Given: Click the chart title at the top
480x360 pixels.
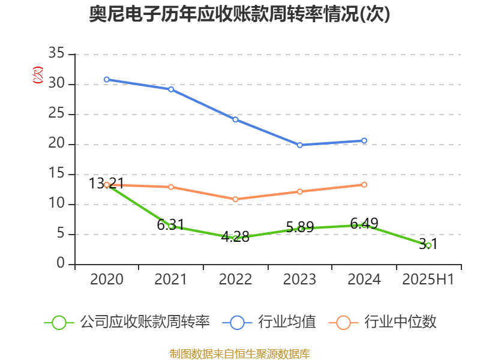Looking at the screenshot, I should [239, 14].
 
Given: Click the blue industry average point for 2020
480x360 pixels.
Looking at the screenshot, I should [107, 79].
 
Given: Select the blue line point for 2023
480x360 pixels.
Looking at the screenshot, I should [300, 145].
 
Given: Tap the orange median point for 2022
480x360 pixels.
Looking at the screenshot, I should [236, 199].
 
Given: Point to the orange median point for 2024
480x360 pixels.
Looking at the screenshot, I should [364, 185].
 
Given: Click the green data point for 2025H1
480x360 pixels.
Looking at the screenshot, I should [428, 245].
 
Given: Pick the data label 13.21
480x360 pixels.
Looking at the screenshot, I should [107, 183].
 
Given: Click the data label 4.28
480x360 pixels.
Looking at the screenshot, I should [235, 236].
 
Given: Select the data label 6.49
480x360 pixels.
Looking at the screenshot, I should [364, 224].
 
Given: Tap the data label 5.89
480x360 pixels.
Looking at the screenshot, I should [300, 227].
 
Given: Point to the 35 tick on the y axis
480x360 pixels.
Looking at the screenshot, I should [56, 55].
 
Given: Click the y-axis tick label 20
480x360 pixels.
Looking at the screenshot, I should [56, 145].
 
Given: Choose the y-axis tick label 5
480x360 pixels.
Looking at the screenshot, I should [61, 235].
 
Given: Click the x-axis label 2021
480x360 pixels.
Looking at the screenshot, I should [171, 280].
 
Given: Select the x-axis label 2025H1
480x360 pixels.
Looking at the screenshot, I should [428, 280].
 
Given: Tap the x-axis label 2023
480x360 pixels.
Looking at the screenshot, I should [300, 280].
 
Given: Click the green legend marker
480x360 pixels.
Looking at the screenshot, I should [59, 322].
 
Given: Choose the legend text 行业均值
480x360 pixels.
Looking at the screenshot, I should [287, 322].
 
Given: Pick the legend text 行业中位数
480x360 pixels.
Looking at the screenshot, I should [400, 322].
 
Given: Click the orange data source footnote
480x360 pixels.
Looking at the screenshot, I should [239, 353].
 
